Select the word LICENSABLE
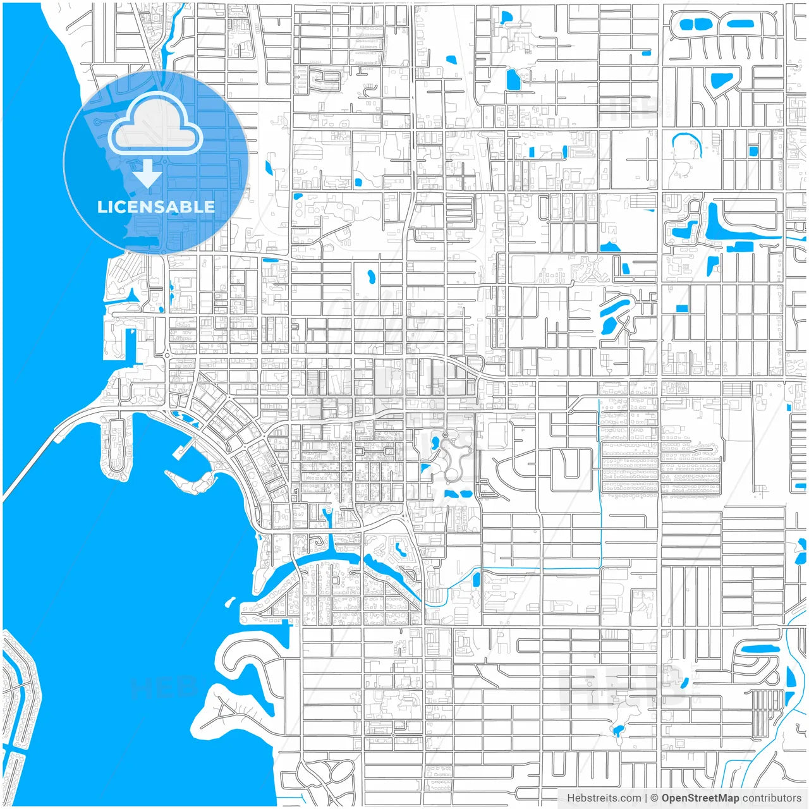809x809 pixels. (155, 207)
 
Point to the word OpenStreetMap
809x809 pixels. (700, 798)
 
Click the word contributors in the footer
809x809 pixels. (771, 798)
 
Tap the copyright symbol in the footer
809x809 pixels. (654, 798)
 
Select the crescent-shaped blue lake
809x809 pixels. (686, 143)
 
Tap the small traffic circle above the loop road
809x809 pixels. (445, 435)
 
